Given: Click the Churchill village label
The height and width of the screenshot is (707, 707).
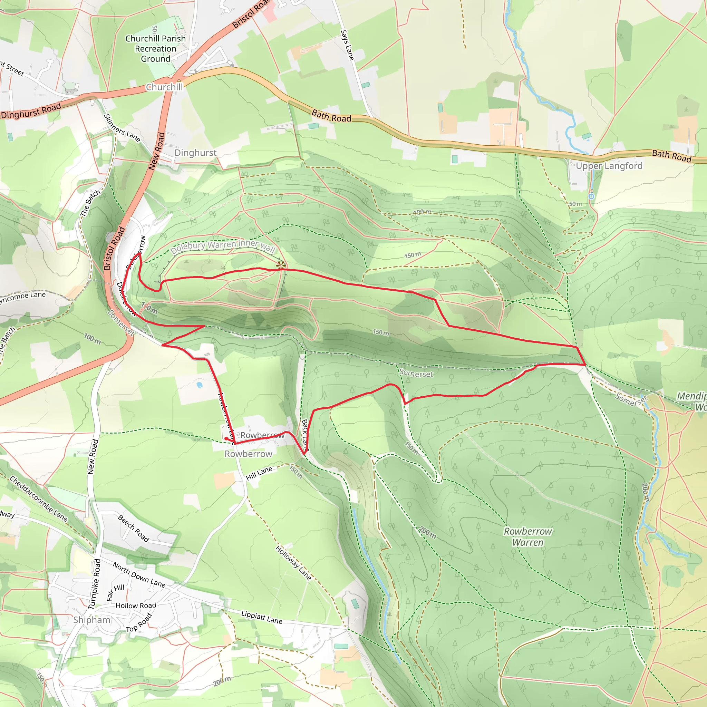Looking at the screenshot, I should [x=164, y=87].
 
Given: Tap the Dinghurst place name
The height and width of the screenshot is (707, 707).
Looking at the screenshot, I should [x=195, y=153].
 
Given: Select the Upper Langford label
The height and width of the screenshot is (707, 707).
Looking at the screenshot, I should [x=609, y=166].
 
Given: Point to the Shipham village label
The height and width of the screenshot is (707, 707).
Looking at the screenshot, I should [x=91, y=620].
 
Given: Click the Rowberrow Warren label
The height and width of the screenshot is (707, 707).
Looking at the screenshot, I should [x=528, y=536].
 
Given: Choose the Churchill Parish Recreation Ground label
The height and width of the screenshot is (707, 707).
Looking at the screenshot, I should [x=156, y=49].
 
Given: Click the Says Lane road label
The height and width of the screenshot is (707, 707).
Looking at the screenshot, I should [x=347, y=45].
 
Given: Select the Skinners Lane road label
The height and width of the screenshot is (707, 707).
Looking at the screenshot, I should [x=122, y=128].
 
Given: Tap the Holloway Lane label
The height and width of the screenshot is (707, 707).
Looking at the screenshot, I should [x=293, y=563].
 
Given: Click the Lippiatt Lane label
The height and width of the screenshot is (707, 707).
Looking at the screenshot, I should [x=262, y=617].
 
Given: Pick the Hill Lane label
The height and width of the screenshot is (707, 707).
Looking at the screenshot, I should [x=259, y=473].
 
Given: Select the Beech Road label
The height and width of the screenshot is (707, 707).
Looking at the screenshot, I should [x=134, y=528].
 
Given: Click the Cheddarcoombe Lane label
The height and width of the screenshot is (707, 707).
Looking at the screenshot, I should [x=38, y=498].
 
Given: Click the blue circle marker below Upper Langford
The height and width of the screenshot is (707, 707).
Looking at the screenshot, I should [x=591, y=196].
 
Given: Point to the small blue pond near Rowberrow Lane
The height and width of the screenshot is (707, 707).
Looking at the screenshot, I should [x=199, y=385].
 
